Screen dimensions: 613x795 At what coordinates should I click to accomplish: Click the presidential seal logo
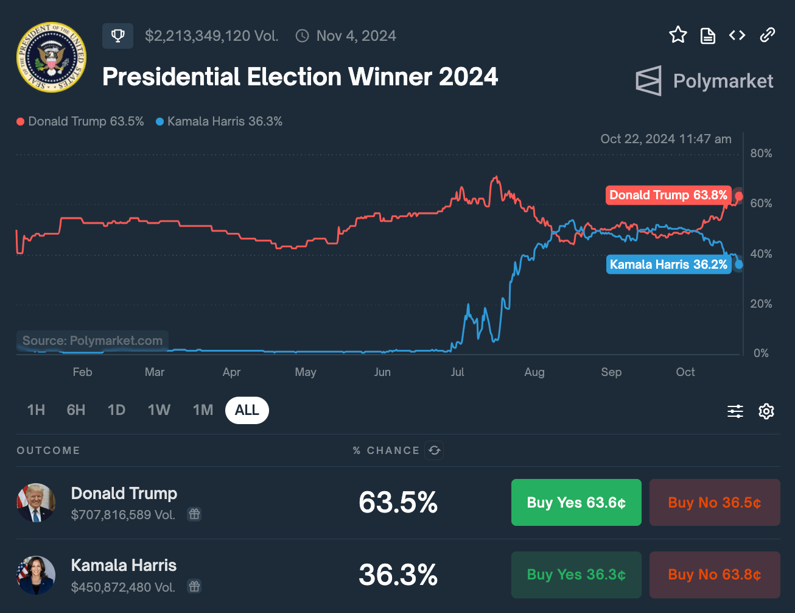click(x=51, y=57)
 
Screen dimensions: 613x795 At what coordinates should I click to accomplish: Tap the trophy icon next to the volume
click(x=117, y=36)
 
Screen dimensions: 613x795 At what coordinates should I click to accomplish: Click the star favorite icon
click(x=678, y=35)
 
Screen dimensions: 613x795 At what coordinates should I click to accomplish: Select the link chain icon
click(x=767, y=35)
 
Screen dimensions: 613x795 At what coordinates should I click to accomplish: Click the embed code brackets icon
click(x=737, y=35)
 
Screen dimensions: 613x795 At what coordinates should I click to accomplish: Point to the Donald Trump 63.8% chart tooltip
click(x=668, y=195)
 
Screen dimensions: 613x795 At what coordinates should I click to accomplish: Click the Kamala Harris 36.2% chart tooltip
click(x=668, y=264)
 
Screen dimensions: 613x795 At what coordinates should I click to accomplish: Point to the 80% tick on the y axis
click(x=761, y=154)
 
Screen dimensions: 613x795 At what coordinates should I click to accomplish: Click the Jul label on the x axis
click(x=457, y=372)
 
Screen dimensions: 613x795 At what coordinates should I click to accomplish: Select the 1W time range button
click(x=159, y=410)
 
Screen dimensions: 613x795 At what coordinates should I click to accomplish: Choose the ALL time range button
click(x=247, y=410)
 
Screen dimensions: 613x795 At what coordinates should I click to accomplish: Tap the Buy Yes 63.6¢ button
click(x=576, y=503)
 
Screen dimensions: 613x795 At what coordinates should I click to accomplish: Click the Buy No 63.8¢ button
click(x=714, y=575)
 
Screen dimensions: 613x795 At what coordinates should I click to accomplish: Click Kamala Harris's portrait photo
click(x=36, y=575)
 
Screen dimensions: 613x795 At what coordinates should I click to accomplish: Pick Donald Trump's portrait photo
click(x=36, y=503)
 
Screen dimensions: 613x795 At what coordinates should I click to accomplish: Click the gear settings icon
click(x=766, y=411)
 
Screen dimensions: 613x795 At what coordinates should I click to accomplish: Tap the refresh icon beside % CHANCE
click(x=434, y=450)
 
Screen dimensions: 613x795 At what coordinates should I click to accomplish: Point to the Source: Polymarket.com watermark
click(x=93, y=341)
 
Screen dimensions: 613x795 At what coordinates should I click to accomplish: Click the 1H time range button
click(x=36, y=410)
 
